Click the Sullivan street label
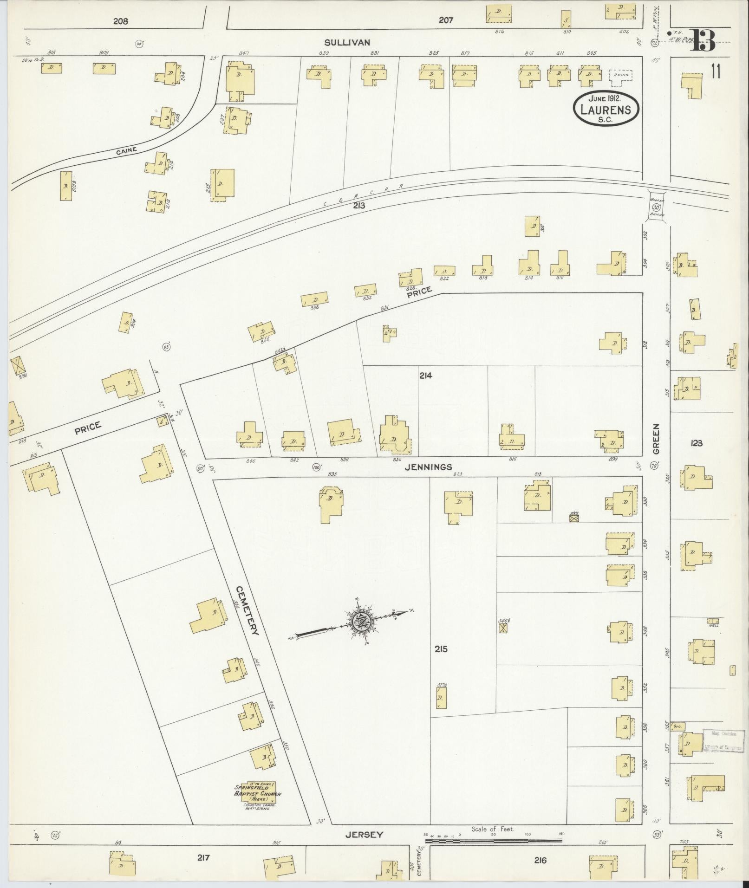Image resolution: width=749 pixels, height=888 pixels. point(347,42)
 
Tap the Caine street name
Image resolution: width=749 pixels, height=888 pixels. point(126,151)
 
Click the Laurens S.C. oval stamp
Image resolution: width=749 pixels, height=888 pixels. point(606,109)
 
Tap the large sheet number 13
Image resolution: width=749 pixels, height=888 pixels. point(703,41)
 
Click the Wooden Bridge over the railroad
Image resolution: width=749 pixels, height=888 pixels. point(657,207)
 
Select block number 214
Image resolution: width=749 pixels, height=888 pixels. point(425,376)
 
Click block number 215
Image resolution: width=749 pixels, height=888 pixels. point(441,649)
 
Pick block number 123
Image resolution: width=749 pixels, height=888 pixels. point(696,443)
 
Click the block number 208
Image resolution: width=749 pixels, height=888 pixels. point(120,21)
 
